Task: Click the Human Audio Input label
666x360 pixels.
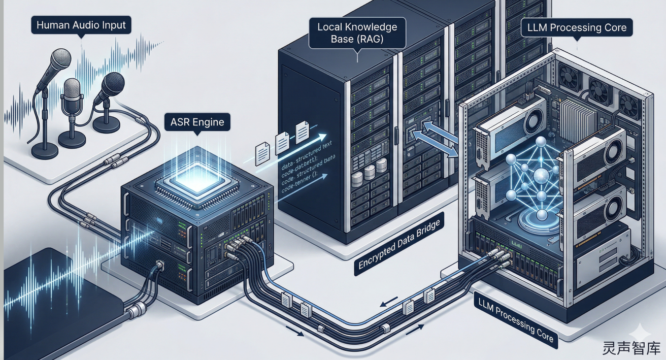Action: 81,24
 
